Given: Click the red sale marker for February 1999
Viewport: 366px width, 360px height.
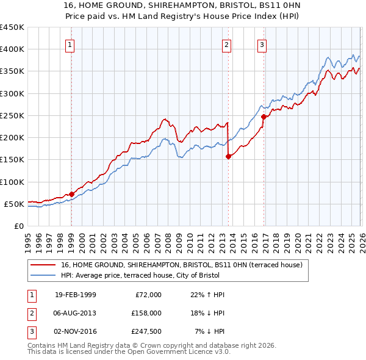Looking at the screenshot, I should click(x=71, y=194).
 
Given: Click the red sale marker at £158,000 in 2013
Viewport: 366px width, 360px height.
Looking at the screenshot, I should click(x=228, y=156).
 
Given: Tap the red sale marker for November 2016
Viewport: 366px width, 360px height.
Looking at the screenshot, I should click(x=264, y=117).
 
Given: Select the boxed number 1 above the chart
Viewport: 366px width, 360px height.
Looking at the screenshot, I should click(x=70, y=44).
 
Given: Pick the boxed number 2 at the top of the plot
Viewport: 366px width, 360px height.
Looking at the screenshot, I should click(x=226, y=44).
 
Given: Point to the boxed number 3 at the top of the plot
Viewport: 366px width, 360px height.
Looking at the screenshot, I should click(x=261, y=44).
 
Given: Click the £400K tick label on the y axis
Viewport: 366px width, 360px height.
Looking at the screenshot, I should click(x=12, y=49).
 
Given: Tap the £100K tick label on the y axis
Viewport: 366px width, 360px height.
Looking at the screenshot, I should click(x=12, y=182).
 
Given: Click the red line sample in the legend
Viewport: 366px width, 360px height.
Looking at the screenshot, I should click(x=45, y=265).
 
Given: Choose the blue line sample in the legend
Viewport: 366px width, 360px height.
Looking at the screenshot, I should click(x=45, y=275).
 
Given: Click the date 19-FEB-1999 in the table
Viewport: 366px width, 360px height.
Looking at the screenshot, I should click(x=75, y=295).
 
